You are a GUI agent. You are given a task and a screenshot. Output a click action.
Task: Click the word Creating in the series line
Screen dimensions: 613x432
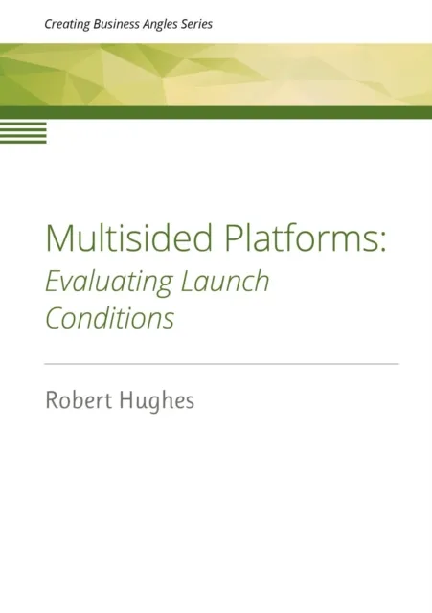coord(66,24)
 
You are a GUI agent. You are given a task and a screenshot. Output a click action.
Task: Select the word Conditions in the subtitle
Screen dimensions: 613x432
coord(110,318)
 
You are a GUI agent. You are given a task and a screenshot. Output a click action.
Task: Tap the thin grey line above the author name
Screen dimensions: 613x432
coord(221,364)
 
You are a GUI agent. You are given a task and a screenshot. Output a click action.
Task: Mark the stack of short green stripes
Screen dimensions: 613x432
coord(23,132)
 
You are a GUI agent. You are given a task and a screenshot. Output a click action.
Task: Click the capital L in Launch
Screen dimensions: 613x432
coord(186,282)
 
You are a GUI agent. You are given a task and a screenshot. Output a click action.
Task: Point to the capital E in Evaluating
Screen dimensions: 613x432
coord(53,282)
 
